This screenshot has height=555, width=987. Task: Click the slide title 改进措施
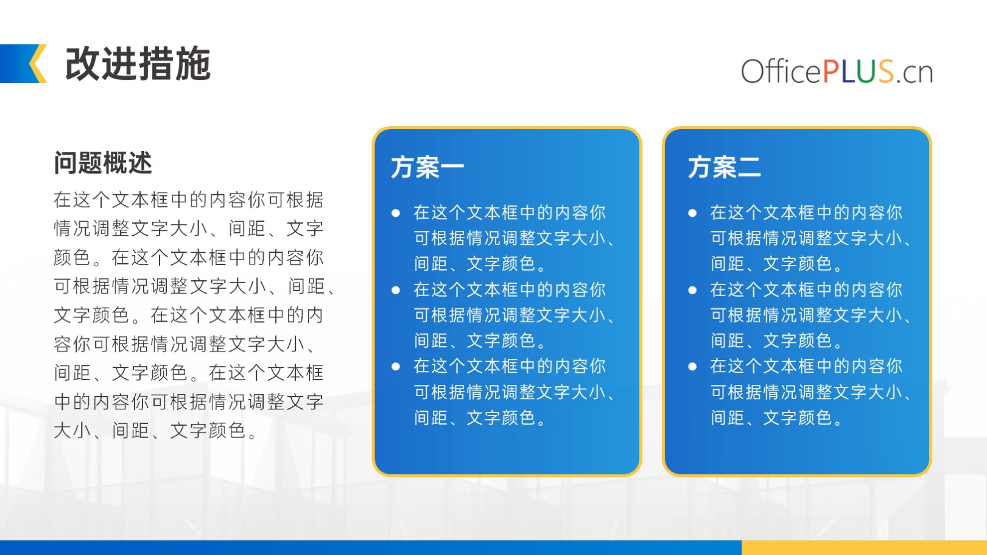pos(138,64)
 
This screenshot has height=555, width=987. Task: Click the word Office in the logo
pos(781,71)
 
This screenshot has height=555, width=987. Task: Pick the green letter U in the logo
pos(866,71)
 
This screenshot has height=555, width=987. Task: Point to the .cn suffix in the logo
pos(915,73)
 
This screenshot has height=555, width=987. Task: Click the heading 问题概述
pos(103,163)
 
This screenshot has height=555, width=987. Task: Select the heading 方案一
pos(427,167)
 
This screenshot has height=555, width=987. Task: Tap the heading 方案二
pos(724,167)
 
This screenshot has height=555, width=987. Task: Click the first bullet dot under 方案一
pos(396,213)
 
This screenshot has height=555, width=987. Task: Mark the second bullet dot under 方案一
pos(396,290)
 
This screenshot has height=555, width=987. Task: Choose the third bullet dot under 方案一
pos(396,366)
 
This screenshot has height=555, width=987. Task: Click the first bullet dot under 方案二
pos(692,213)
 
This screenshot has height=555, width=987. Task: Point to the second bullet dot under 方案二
pos(692,290)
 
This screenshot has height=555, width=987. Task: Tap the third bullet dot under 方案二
pos(692,366)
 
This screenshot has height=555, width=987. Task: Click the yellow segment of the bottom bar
pos(864,548)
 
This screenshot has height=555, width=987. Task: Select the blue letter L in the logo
pos(848,71)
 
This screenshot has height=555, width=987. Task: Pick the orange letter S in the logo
pos(886,71)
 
